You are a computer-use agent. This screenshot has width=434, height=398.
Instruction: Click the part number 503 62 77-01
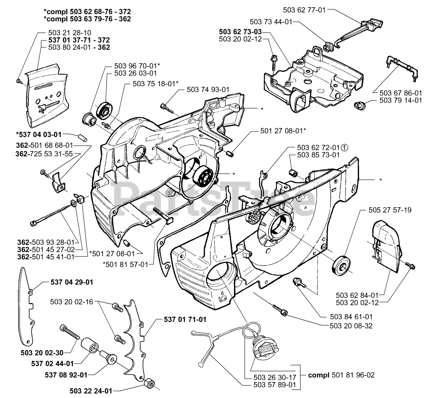pos(304,10)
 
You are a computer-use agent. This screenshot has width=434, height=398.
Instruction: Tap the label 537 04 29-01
pos(72,282)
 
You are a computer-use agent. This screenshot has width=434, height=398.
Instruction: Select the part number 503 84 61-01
pos(351,317)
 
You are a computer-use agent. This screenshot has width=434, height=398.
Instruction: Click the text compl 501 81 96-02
pos(341,375)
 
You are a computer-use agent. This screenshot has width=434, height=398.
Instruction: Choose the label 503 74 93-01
pos(208,90)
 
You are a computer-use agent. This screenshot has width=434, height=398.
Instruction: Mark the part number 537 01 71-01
pos(185,319)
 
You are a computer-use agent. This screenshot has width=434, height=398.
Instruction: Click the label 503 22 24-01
pos(91,391)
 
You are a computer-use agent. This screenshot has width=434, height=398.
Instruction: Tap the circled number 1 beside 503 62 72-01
pos(344,148)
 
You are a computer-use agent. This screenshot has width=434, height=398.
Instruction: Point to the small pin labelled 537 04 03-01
pos(82,138)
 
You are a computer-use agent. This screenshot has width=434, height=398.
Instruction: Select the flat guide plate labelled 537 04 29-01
pos(26,307)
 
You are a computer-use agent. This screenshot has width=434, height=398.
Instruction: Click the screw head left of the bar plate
pos(18,81)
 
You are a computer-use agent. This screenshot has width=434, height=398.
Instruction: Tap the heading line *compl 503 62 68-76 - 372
pos(87,12)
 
